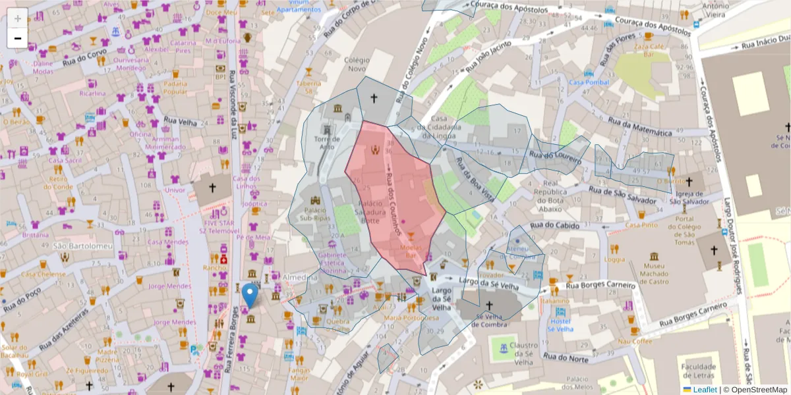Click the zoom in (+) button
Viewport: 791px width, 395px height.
17,18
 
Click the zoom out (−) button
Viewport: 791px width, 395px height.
17,38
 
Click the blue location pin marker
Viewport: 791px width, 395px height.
250,296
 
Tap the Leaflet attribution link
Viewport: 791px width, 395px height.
704,390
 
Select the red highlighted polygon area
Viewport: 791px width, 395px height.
392,197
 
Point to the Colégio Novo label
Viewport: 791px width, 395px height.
357,65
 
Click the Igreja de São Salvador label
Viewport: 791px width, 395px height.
689,197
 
